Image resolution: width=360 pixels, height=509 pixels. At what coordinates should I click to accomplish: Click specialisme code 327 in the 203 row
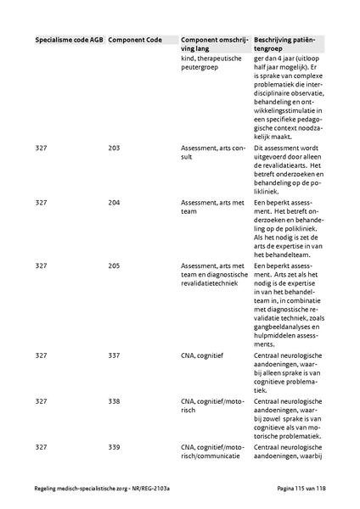point(42,148)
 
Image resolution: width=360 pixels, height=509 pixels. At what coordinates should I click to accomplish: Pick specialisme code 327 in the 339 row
point(42,445)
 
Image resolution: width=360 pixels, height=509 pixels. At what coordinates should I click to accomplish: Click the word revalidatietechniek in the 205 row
point(207,283)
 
